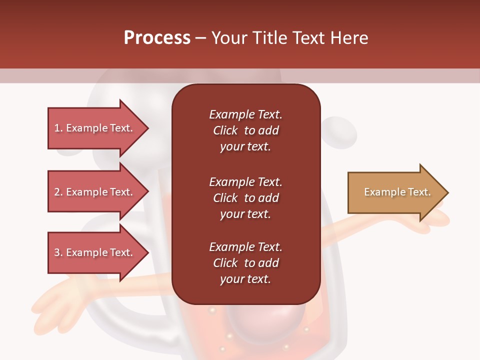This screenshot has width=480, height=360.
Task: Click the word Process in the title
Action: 157,38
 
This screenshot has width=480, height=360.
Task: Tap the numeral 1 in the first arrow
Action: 57,128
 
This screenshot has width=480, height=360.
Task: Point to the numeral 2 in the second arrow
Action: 57,192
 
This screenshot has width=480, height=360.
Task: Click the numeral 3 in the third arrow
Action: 57,252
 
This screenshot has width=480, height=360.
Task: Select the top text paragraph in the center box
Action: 245,130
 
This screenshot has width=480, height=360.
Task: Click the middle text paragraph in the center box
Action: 245,198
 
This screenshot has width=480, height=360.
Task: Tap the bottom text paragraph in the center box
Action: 245,263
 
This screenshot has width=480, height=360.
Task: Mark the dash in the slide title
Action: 200,38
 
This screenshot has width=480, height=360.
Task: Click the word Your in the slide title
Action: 227,38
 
